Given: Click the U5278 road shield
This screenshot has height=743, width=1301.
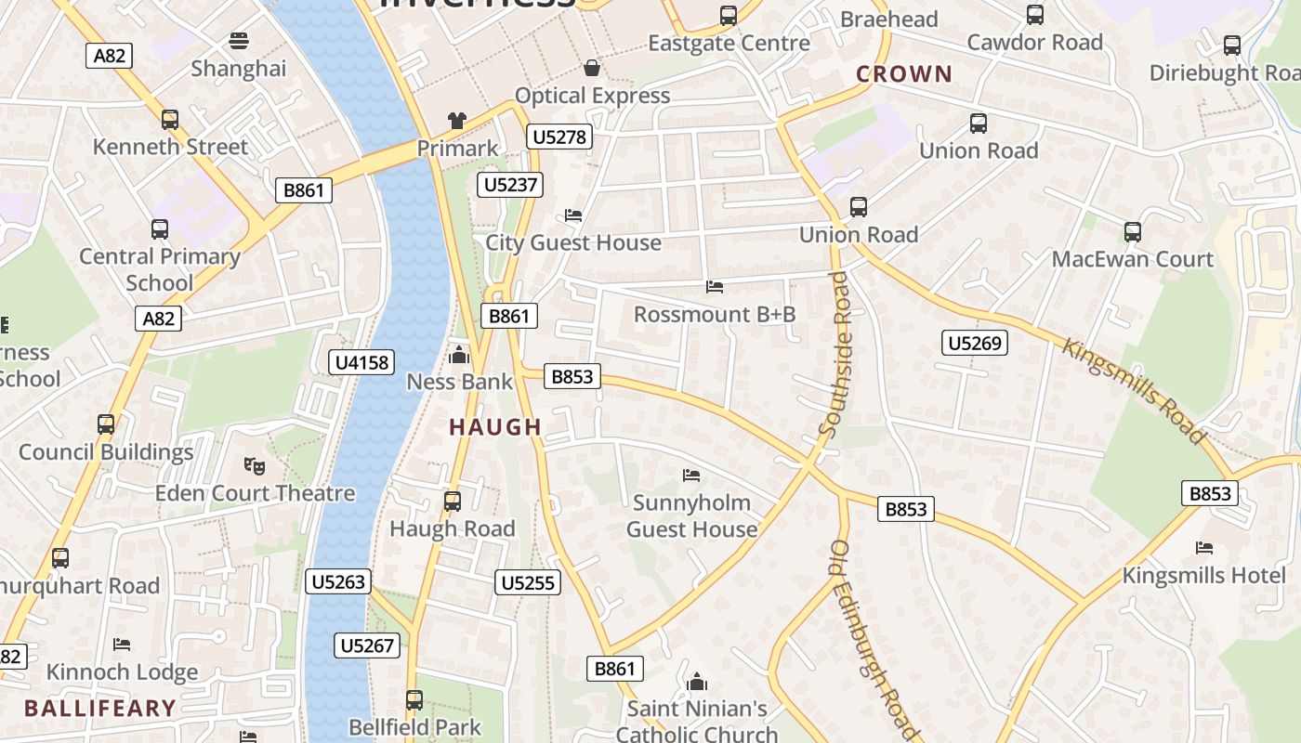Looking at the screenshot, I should [x=559, y=137].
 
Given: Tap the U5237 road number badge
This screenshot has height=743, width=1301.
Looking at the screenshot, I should [x=511, y=185].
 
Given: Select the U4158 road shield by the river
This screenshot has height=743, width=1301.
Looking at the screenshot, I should [x=362, y=362].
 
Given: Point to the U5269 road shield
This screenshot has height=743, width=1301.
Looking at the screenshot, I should [x=974, y=344].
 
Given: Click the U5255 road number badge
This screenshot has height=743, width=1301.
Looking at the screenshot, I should [x=528, y=583].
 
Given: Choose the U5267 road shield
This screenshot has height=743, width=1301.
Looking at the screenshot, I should [x=368, y=645].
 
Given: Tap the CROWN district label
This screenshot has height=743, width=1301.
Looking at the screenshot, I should [x=904, y=74].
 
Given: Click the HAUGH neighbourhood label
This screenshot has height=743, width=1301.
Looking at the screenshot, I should [x=495, y=427].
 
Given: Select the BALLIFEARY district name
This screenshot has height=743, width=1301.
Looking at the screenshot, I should [x=100, y=709].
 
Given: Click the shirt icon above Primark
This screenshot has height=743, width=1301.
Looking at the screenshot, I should [x=457, y=120].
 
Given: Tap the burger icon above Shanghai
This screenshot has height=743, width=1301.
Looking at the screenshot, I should [x=239, y=41].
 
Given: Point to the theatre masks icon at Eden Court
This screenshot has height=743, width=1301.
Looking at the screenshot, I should [x=254, y=464].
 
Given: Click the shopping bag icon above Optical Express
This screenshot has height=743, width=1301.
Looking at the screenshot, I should [x=591, y=68].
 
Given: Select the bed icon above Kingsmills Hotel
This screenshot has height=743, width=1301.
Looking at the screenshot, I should [x=1204, y=548].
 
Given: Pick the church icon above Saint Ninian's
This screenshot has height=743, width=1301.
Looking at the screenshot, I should [x=697, y=683].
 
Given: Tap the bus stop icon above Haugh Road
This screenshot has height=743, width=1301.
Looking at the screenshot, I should [x=453, y=502].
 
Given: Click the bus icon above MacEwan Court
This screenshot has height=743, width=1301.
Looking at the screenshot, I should [x=1132, y=232].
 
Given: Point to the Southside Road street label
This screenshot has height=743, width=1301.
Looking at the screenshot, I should [x=835, y=353].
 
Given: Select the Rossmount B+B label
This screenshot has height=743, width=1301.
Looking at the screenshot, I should [x=715, y=315].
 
